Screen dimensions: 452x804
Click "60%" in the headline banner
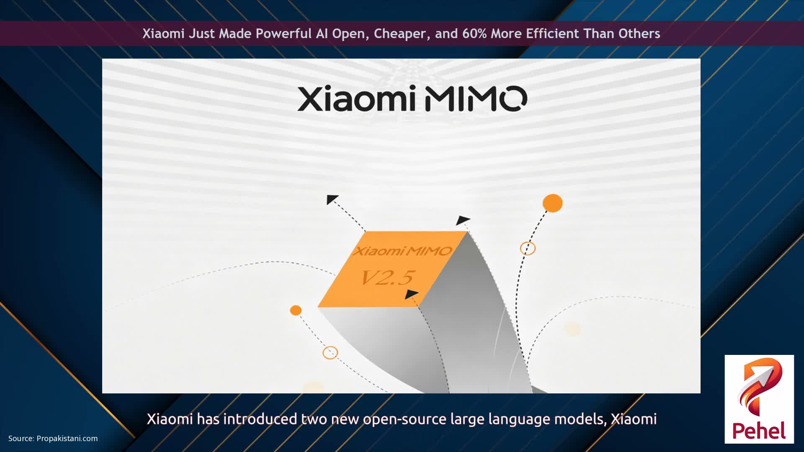474,33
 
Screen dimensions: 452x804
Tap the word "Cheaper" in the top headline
400,33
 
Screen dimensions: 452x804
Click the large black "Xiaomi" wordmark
356,98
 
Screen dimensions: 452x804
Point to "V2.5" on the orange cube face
387,277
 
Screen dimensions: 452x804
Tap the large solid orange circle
552,203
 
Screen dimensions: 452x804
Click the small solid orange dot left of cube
296,310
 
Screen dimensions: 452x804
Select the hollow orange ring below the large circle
528,248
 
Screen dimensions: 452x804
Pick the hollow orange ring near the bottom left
330,352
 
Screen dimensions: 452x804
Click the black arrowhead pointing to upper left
332,199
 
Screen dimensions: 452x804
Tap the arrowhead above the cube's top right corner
463,220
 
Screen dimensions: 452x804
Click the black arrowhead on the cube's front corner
411,294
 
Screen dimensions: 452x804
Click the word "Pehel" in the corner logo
759,431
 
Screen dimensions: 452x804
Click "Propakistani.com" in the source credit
67,438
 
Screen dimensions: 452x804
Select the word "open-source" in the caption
405,419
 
